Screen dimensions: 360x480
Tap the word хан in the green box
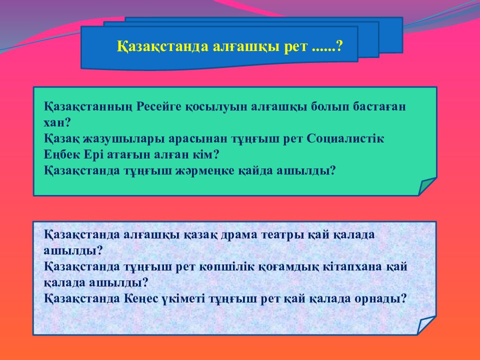(x=54, y=122)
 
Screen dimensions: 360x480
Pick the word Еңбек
(x=59, y=154)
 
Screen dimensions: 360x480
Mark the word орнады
(x=380, y=298)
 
